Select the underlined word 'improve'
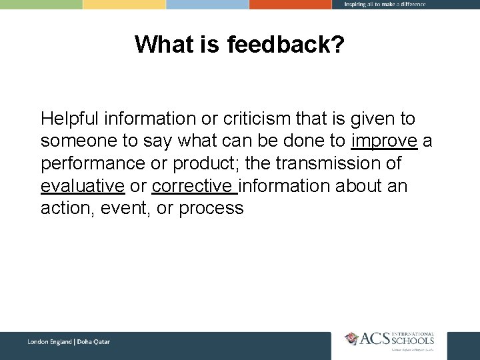coord(383,141)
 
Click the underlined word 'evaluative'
coord(83,186)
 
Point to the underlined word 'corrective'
coord(194,186)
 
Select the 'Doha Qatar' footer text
coord(93,342)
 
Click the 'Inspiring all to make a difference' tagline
coord(385,4)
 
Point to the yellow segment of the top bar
coord(124,4)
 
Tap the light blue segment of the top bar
coord(207,4)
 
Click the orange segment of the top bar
coord(290,4)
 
